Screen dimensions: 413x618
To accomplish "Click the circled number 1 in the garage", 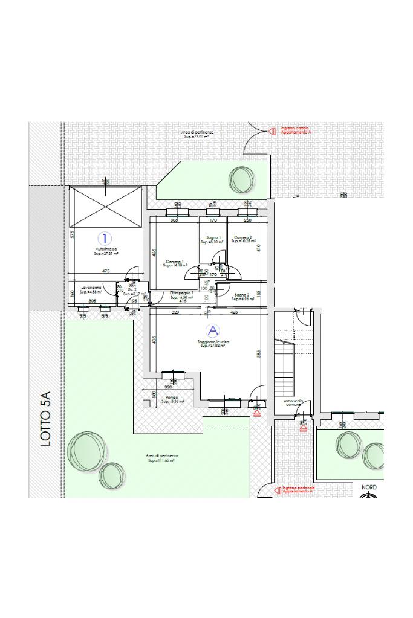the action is click(x=105, y=239).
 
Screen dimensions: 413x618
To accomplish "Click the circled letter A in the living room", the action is click(x=212, y=330).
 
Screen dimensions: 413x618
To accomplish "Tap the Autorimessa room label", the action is click(x=105, y=248).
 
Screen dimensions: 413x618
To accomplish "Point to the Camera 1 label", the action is click(x=175, y=262).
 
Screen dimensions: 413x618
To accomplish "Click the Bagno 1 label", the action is click(x=213, y=237).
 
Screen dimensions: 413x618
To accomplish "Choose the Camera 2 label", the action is click(x=243, y=237).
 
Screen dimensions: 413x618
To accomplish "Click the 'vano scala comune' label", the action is click(x=293, y=403).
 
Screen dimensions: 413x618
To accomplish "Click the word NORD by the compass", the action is click(x=369, y=487).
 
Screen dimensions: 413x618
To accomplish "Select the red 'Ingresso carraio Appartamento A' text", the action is click(x=296, y=129).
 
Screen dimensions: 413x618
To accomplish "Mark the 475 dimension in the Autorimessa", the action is click(x=106, y=271).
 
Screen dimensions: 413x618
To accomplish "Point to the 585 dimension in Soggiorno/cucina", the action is click(x=258, y=355).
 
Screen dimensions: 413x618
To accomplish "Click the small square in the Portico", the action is click(x=147, y=402).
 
